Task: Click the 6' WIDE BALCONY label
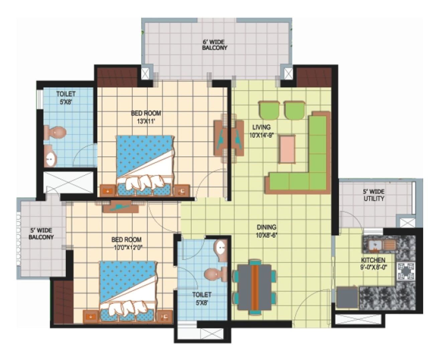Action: pyautogui.click(x=214, y=45)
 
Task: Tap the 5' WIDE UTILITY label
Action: pyautogui.click(x=373, y=195)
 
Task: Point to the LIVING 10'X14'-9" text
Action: pyautogui.click(x=261, y=131)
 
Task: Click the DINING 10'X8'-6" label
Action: pyautogui.click(x=266, y=231)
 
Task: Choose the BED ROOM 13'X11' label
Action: pyautogui.click(x=146, y=117)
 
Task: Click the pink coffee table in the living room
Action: pyautogui.click(x=288, y=149)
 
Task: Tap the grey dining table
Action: pyautogui.click(x=254, y=288)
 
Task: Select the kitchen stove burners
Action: pyautogui.click(x=406, y=271)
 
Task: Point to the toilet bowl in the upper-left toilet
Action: pyautogui.click(x=55, y=132)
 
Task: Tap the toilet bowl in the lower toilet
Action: pyautogui.click(x=215, y=274)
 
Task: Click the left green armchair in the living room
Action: pyautogui.click(x=269, y=110)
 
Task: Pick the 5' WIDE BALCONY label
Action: pyautogui.click(x=41, y=234)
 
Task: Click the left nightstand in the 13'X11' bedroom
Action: pyautogui.click(x=108, y=191)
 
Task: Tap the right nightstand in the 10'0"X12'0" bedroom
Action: pyautogui.click(x=165, y=317)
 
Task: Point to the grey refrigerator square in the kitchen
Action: pyautogui.click(x=347, y=297)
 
